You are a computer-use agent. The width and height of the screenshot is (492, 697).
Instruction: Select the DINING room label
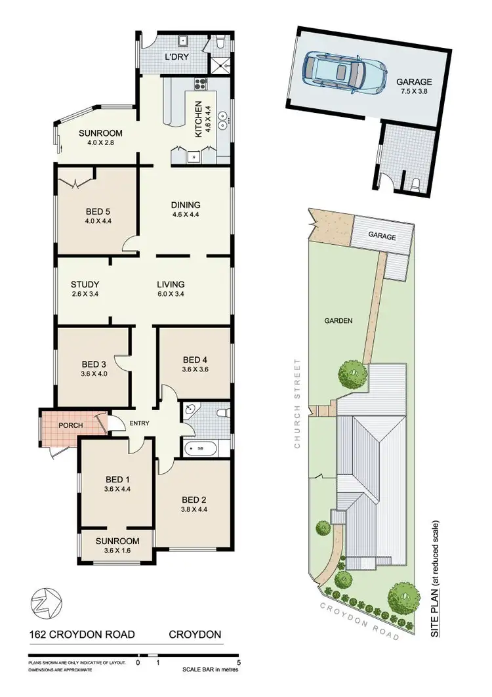184,205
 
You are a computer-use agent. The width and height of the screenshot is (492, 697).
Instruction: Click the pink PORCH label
71,425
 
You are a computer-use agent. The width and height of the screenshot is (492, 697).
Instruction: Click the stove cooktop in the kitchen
199,83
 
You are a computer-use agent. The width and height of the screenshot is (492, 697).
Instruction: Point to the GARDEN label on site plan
338,321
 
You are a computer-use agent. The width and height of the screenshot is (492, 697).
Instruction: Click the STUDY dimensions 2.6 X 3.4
85,294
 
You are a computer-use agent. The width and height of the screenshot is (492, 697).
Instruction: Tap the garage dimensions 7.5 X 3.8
413,91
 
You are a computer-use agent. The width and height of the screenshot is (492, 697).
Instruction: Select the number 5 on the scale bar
239,663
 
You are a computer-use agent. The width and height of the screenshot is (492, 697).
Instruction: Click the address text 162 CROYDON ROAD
81,635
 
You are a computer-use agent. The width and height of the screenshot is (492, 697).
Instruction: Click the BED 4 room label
195,359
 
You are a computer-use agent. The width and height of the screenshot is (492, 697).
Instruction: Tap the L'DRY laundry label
176,57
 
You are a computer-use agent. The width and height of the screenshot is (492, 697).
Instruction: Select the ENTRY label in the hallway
139,424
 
